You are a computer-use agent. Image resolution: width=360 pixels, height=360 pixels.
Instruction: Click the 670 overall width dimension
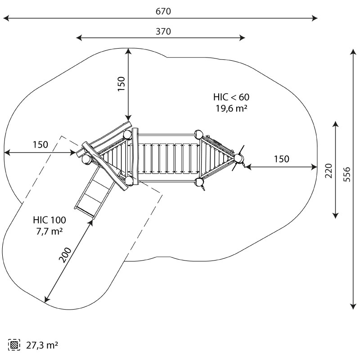tap(163, 11)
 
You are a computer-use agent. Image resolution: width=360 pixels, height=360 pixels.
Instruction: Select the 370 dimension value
tap(163, 31)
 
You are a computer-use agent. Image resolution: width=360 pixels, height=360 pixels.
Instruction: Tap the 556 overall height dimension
tap(347, 174)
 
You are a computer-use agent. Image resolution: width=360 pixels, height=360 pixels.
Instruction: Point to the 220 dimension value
tap(328, 171)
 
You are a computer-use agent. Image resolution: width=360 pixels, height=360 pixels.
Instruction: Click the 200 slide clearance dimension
tap(65, 255)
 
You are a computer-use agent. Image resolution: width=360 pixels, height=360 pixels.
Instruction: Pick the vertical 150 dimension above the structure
tap(121, 84)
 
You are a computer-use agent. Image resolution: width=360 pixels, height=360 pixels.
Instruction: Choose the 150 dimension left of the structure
tap(40, 144)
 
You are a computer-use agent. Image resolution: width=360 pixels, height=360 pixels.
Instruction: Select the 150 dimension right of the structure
tap(282, 159)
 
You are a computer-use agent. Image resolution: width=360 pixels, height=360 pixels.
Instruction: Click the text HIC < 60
tap(231, 97)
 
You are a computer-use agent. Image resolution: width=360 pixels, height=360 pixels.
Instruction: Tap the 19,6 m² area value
tap(231, 108)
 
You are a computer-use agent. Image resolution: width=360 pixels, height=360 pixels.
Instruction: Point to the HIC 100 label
tap(49, 220)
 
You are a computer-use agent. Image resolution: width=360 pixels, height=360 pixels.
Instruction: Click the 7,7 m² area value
tap(49, 231)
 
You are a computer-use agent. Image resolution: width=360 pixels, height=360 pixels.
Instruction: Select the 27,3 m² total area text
tap(42, 345)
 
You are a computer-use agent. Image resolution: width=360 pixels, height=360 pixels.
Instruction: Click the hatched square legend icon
tap(14, 345)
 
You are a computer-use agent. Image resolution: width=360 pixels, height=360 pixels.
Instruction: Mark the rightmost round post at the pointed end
tap(238, 158)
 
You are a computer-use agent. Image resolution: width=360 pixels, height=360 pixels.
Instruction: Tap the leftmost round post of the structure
tap(87, 159)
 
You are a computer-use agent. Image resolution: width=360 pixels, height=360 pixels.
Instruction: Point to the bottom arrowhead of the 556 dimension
tap(353, 306)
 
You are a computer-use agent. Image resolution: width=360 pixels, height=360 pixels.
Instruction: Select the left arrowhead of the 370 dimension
tap(79, 38)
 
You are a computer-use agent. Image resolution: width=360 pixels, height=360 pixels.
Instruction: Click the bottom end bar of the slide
tap(85, 211)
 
